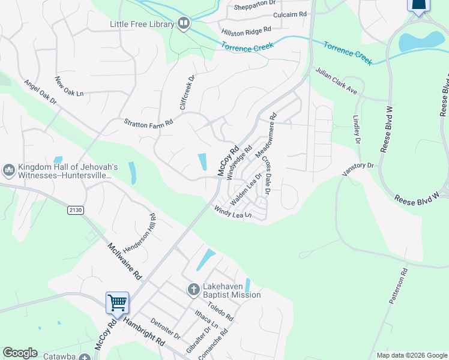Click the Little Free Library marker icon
click(184, 24)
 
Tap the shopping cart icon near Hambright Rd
click(117, 302)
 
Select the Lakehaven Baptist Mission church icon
click(193, 290)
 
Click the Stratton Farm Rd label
click(148, 122)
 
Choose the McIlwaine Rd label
click(124, 261)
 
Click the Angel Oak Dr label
click(40, 93)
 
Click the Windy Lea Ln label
click(232, 212)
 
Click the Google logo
click(20, 353)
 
